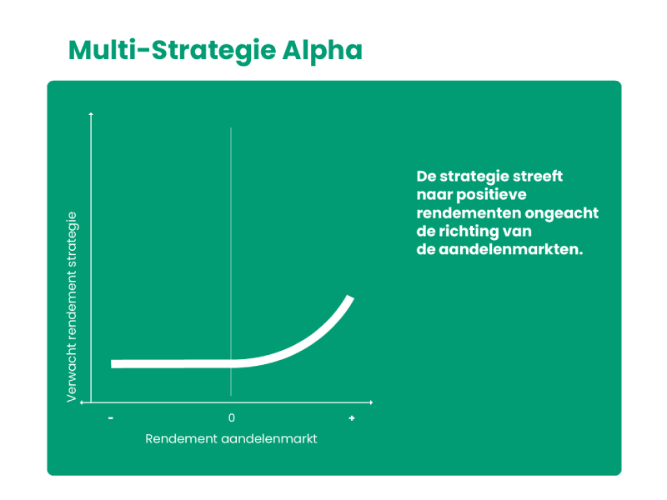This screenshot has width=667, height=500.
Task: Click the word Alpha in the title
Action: [322, 51]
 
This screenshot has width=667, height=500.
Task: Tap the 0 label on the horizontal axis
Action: [232, 418]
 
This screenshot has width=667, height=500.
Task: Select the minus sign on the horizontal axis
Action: [111, 418]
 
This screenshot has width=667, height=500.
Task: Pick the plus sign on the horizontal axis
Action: [352, 418]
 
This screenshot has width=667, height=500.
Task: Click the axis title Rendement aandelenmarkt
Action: [231, 439]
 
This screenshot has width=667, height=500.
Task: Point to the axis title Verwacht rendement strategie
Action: [72, 307]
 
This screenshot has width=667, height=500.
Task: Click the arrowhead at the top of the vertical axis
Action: [91, 114]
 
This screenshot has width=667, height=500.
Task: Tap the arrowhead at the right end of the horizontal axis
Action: [371, 402]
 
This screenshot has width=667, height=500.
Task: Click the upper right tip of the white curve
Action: [350, 297]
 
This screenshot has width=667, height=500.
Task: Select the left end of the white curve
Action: [112, 364]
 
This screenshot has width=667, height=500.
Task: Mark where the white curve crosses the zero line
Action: [231, 363]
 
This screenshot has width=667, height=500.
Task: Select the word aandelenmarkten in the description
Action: [510, 249]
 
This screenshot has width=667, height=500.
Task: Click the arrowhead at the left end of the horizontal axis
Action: [82, 402]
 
